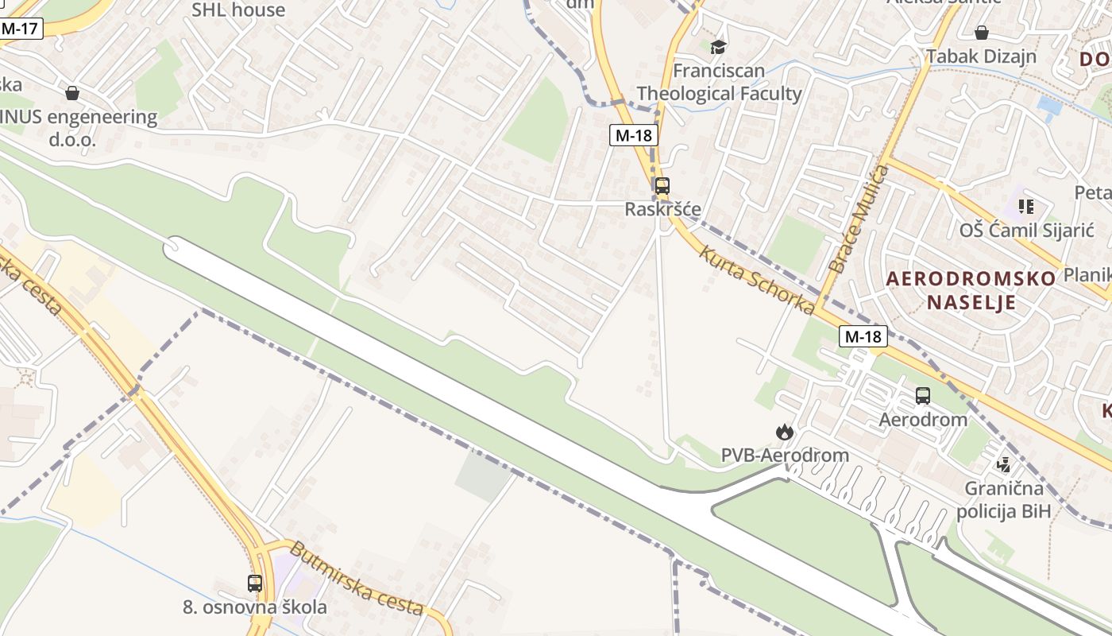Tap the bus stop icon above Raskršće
[662, 186]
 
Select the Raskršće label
[662, 209]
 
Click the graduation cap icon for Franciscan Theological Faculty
[718, 47]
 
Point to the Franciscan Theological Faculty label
[719, 82]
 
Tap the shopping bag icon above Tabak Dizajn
[982, 33]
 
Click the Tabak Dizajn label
[982, 56]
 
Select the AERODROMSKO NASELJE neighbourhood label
[971, 290]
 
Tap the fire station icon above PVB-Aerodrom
[785, 432]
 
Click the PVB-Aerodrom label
[785, 456]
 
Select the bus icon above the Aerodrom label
[923, 395]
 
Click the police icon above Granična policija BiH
[1004, 463]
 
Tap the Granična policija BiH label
[1003, 499]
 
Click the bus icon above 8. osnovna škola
[254, 583]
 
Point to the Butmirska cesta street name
[355, 579]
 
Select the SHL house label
[238, 10]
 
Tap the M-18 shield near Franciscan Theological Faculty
[633, 135]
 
